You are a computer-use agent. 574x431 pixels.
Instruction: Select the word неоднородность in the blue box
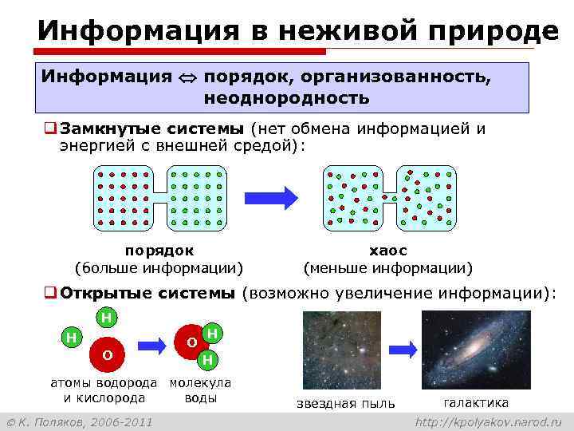[x=286, y=98]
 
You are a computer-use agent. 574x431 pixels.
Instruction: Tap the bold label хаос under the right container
[x=387, y=251]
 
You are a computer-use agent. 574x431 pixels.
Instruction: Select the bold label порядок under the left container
[x=159, y=251]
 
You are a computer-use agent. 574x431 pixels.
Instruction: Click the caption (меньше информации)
[x=387, y=267]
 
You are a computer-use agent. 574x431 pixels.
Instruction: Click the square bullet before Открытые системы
[x=49, y=293]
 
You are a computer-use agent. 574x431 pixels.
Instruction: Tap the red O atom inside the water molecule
[x=191, y=342]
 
